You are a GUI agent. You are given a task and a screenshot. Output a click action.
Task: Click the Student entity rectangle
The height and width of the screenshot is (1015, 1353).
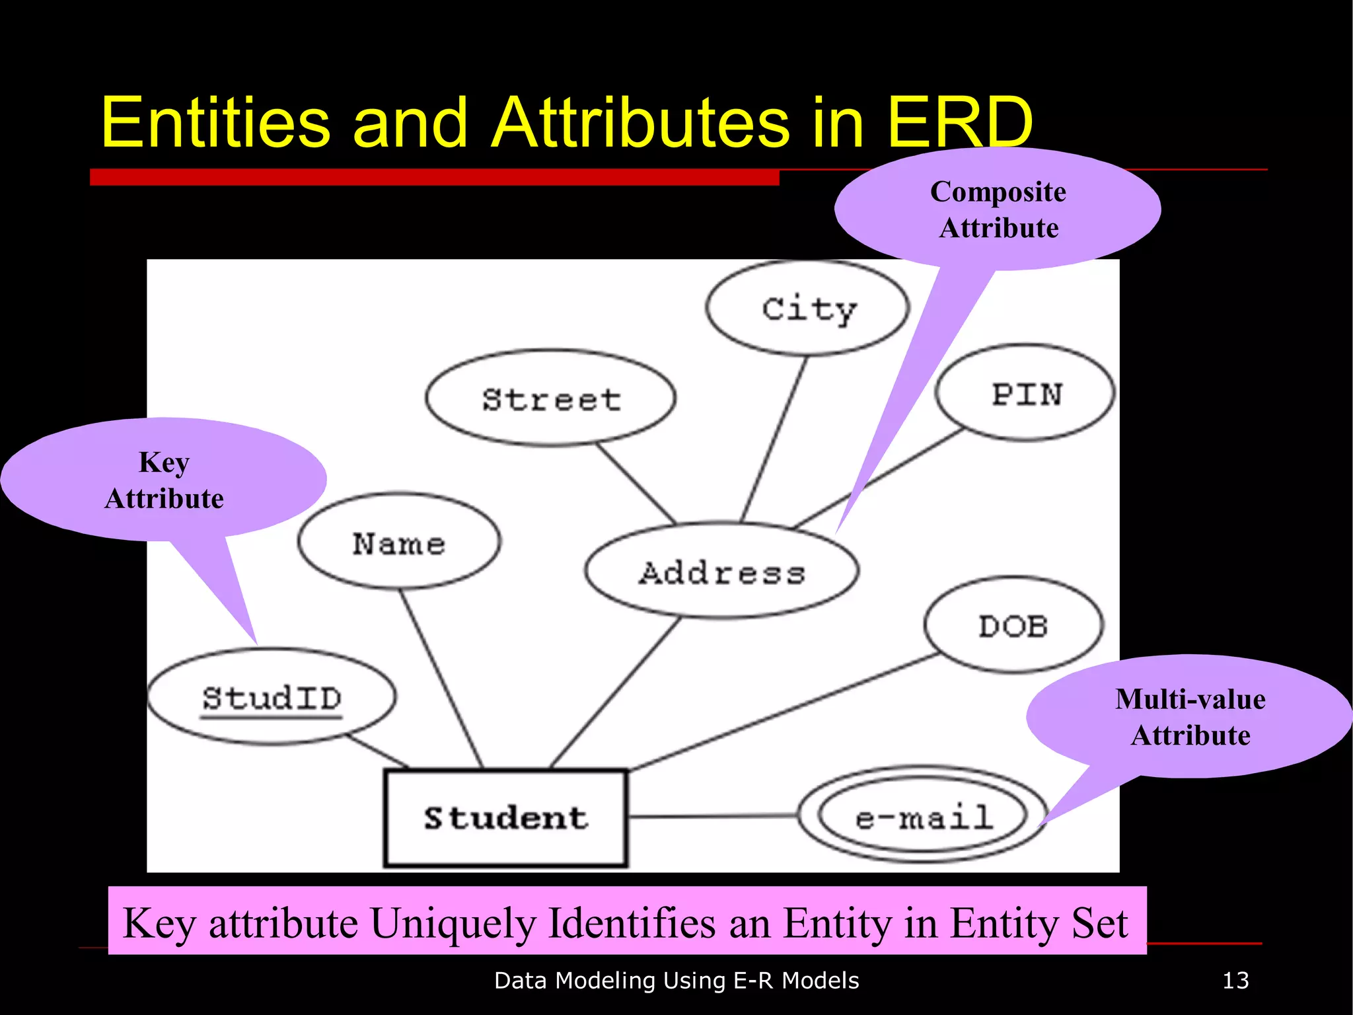505,817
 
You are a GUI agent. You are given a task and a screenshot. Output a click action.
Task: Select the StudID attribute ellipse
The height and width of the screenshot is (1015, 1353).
272,697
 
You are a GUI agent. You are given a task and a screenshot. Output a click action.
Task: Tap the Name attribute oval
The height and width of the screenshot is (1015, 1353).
399,542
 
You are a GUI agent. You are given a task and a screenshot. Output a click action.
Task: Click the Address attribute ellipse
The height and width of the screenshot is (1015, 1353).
721,572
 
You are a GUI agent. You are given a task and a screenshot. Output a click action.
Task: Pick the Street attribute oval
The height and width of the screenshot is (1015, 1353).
550,398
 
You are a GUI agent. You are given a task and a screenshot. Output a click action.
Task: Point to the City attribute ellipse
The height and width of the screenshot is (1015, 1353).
807,308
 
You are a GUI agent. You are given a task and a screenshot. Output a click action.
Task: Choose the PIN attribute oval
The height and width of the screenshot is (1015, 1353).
1025,393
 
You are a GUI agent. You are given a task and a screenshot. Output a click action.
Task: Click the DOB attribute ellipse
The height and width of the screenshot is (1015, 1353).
1013,625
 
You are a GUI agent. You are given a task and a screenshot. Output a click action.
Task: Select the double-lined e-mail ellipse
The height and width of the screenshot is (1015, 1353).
923,817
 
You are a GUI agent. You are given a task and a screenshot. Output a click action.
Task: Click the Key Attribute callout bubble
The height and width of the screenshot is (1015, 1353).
164,480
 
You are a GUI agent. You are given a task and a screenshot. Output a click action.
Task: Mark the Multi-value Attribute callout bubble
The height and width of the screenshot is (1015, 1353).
1190,717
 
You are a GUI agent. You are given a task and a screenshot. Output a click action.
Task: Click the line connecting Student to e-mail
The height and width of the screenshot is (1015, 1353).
713,817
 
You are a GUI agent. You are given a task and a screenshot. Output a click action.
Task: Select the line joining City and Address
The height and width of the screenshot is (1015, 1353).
774,439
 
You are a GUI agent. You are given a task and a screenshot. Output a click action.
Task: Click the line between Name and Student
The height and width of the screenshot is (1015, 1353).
441,678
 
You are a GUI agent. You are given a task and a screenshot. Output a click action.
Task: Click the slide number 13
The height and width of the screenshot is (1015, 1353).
1235,981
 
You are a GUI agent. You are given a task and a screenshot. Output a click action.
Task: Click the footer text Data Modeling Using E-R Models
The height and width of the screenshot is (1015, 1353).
676,981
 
